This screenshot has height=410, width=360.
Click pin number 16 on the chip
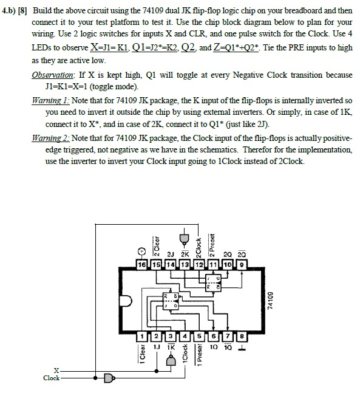(142, 265)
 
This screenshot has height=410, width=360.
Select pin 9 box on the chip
(242, 265)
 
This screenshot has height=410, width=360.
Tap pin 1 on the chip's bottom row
(142, 337)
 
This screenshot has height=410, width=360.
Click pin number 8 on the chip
(242, 337)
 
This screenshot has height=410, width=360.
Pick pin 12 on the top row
(199, 265)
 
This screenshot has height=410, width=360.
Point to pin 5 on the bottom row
(199, 337)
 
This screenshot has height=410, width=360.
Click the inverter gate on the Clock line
(109, 378)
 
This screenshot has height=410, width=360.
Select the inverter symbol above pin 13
(184, 239)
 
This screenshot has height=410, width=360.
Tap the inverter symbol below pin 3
(171, 361)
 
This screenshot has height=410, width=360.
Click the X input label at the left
(56, 371)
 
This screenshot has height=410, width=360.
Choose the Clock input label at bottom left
(52, 378)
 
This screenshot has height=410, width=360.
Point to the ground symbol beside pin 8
(242, 349)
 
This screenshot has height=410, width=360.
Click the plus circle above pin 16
(141, 251)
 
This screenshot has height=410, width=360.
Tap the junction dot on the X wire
(157, 371)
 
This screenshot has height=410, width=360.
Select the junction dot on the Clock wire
(95, 378)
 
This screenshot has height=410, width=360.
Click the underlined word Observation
(53, 75)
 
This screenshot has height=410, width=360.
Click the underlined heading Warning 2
(50, 138)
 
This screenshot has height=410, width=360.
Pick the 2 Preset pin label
(212, 245)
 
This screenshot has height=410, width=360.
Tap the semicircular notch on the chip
(126, 301)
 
